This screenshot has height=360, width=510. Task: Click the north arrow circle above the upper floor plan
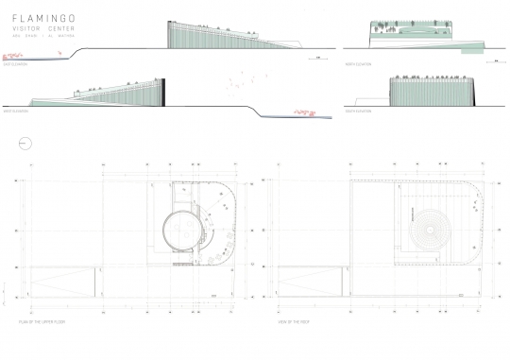click(25, 144)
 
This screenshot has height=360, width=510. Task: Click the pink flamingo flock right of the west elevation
click(304, 113)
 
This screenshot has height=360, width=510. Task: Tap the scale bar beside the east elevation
click(319, 59)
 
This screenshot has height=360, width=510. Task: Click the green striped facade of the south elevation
click(430, 94)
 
